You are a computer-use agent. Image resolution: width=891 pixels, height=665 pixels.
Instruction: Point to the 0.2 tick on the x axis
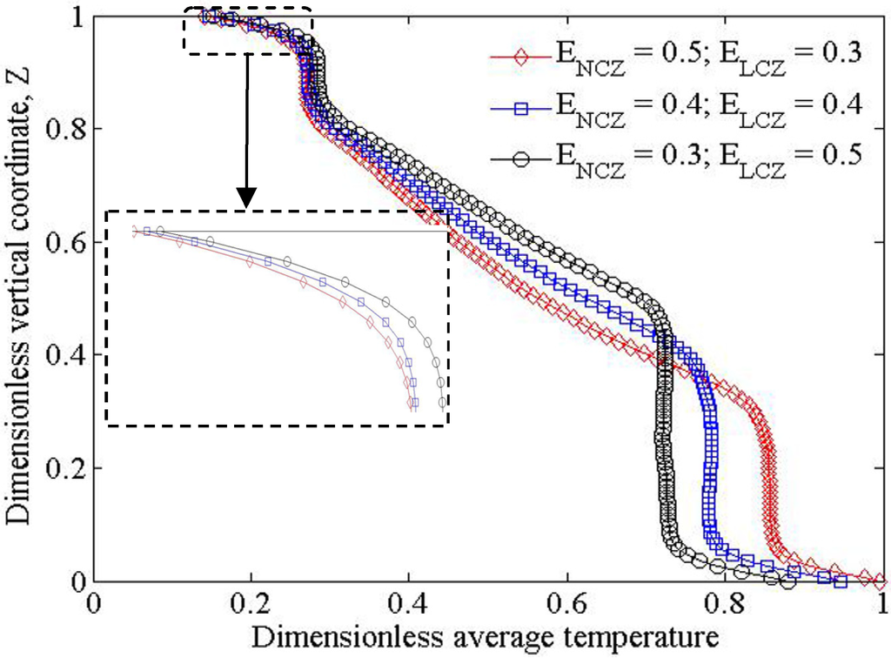click(251, 602)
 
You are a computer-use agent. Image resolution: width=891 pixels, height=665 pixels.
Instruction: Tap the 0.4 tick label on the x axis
click(409, 602)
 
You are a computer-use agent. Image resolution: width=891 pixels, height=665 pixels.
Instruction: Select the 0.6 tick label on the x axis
click(567, 602)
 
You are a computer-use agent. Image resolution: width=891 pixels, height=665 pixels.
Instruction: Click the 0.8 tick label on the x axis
click(725, 602)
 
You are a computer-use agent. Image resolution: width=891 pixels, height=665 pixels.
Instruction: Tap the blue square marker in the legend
click(521, 104)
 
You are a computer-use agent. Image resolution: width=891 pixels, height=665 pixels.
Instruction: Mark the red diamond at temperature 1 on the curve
click(880, 579)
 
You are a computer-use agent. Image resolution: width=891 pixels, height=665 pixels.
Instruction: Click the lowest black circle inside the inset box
click(442, 402)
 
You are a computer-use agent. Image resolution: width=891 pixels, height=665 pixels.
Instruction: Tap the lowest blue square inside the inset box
click(414, 402)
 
